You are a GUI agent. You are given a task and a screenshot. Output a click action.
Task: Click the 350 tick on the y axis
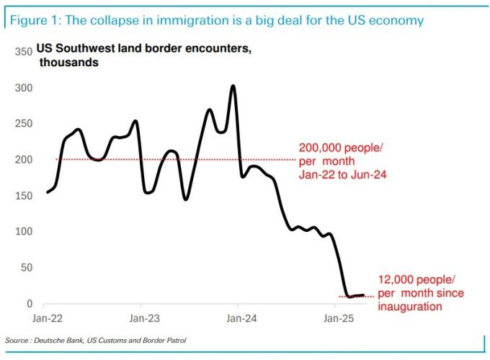click(x=23, y=53)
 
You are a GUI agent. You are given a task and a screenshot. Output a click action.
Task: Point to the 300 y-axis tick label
click(x=23, y=88)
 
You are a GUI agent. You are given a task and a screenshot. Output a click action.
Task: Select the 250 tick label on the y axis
click(x=23, y=124)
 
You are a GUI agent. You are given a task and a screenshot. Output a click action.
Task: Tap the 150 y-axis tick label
click(x=23, y=196)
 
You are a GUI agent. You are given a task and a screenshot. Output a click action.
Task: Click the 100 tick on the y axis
click(x=23, y=232)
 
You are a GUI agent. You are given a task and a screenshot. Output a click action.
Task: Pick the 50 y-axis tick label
click(x=26, y=268)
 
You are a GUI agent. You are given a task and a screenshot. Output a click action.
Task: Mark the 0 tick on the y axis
click(x=29, y=304)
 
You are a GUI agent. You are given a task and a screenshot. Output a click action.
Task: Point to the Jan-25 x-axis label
click(x=336, y=318)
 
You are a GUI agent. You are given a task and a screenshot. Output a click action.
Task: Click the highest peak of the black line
click(x=233, y=86)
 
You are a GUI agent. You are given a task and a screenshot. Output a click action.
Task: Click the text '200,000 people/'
click(x=342, y=148)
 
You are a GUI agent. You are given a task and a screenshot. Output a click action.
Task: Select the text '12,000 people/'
click(x=417, y=281)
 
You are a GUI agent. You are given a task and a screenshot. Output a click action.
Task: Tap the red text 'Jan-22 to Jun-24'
click(x=343, y=174)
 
